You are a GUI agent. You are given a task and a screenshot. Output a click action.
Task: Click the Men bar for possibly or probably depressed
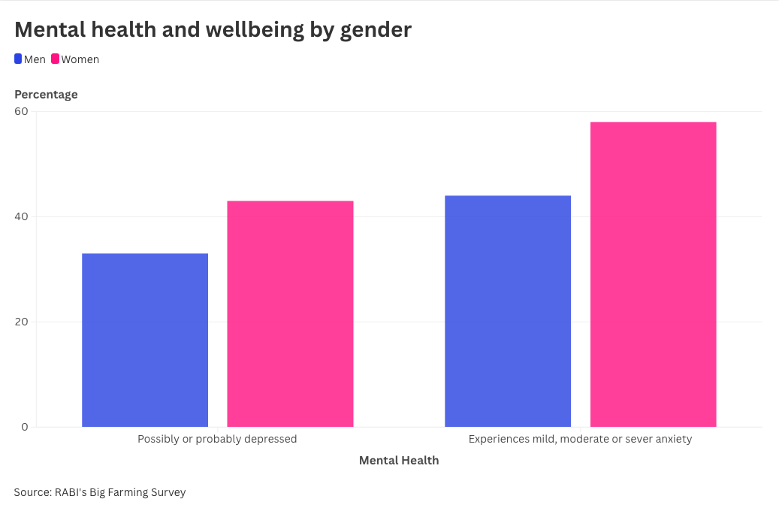click(x=145, y=340)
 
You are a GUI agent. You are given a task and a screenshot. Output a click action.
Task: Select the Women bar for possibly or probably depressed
click(x=290, y=313)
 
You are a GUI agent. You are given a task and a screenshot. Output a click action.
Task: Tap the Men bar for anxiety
click(x=508, y=311)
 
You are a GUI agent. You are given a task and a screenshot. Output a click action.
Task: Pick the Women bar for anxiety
click(x=653, y=274)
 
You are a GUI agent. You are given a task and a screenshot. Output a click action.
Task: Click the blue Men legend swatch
click(x=18, y=59)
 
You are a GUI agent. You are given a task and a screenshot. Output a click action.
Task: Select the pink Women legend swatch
click(x=55, y=59)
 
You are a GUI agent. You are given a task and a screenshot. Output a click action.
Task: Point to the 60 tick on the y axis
click(x=21, y=111)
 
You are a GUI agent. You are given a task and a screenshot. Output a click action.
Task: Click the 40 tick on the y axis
click(x=21, y=216)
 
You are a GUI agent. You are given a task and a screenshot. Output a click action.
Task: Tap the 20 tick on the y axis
click(x=21, y=322)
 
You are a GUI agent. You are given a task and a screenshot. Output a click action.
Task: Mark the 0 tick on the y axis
click(x=25, y=427)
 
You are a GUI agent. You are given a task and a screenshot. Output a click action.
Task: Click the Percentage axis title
click(x=46, y=94)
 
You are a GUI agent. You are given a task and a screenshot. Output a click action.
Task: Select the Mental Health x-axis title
click(x=399, y=460)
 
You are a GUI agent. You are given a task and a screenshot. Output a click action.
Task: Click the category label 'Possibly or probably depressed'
click(x=217, y=439)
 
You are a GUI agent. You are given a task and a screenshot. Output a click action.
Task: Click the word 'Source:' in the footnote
click(x=32, y=492)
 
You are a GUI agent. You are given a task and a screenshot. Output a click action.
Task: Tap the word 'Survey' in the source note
click(x=167, y=492)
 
